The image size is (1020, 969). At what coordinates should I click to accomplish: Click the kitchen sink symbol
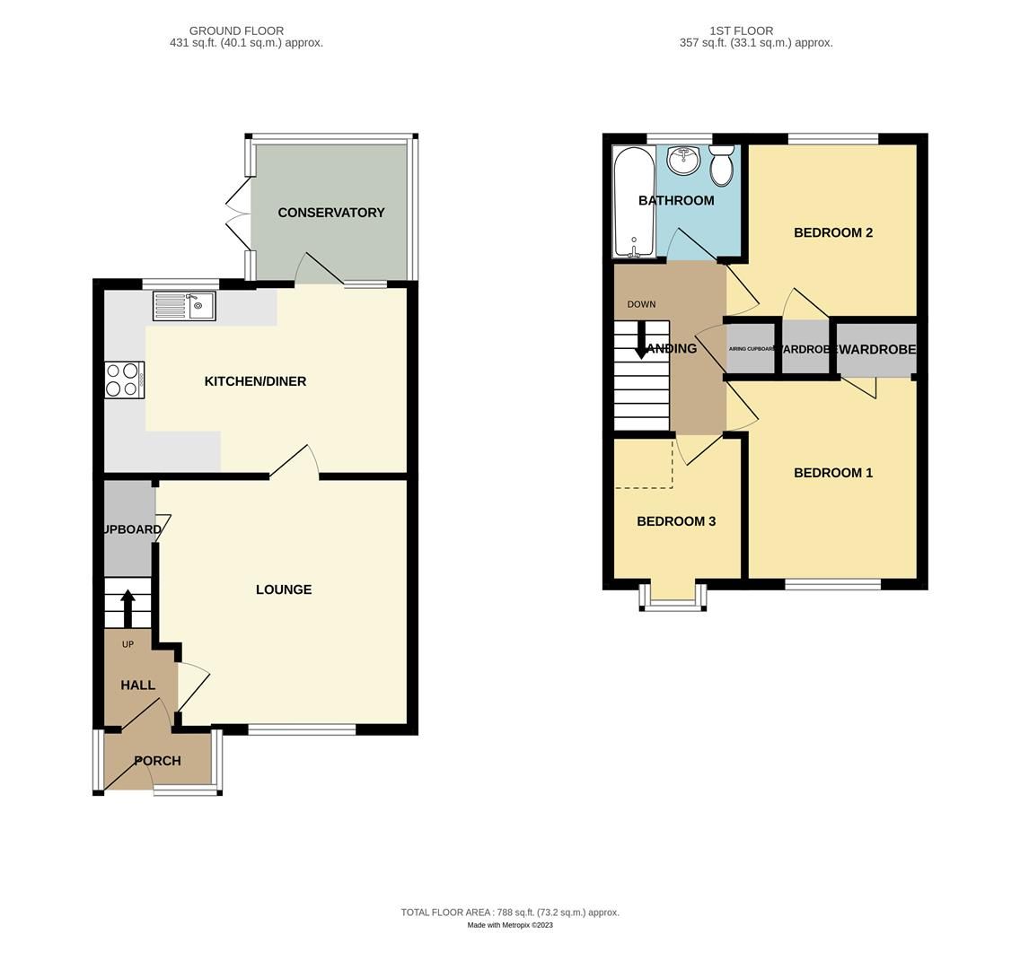(x=184, y=307)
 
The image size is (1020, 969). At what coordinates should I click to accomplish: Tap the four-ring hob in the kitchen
(x=124, y=380)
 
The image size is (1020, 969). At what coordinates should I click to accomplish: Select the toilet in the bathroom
(x=721, y=165)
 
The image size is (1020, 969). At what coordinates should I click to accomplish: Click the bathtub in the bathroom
(x=633, y=202)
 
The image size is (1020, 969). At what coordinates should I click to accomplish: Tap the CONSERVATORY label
(x=331, y=213)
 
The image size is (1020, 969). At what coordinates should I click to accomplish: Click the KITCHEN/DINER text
(x=255, y=381)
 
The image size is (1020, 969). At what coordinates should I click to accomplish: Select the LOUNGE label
(x=284, y=589)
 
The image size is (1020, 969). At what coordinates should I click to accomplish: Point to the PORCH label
(x=158, y=761)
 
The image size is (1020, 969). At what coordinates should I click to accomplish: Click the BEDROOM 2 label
(x=833, y=232)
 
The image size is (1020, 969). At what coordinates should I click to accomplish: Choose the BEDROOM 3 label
(x=676, y=521)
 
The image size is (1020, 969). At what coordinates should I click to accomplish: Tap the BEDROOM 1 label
(x=833, y=473)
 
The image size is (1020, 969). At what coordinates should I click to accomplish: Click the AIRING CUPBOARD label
(x=751, y=349)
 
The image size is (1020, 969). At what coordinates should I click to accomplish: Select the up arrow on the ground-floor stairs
(x=127, y=607)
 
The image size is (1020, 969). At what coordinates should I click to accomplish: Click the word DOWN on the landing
(x=641, y=304)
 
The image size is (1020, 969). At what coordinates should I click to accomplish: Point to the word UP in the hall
(x=127, y=644)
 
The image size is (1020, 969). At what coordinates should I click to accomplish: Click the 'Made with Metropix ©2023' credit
(x=510, y=925)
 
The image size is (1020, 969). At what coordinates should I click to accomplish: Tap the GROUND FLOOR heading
(x=236, y=31)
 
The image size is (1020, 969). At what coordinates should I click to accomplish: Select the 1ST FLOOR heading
(x=741, y=31)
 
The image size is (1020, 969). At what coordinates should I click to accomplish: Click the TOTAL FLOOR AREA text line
(x=510, y=912)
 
